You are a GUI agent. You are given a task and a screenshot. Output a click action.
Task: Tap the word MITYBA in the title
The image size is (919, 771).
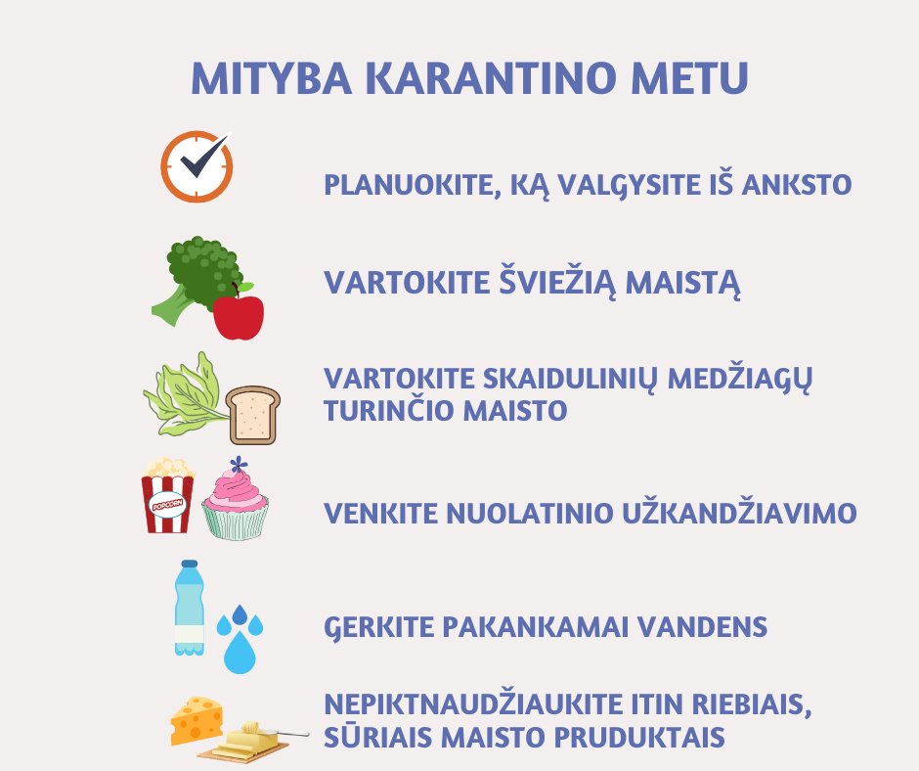point(272,77)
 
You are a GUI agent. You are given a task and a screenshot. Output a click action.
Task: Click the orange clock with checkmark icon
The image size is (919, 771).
point(197,166)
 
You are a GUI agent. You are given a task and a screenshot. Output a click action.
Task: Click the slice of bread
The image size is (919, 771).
point(253,415)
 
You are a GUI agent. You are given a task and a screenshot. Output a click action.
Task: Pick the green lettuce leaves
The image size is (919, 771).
point(184,395)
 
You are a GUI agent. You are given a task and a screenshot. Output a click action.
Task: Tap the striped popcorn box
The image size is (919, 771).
point(167,496)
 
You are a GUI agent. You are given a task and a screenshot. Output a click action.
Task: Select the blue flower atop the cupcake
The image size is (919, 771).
point(238,465)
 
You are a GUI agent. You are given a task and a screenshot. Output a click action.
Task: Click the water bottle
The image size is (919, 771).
point(190,608)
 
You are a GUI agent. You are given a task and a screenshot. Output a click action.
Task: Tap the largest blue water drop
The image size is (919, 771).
point(240,652)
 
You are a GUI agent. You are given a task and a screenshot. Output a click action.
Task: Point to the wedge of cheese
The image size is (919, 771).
point(197,720)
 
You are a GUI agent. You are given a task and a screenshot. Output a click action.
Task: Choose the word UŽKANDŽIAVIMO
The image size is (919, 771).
point(739,512)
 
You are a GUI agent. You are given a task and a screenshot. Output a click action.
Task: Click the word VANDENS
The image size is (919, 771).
point(702,626)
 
